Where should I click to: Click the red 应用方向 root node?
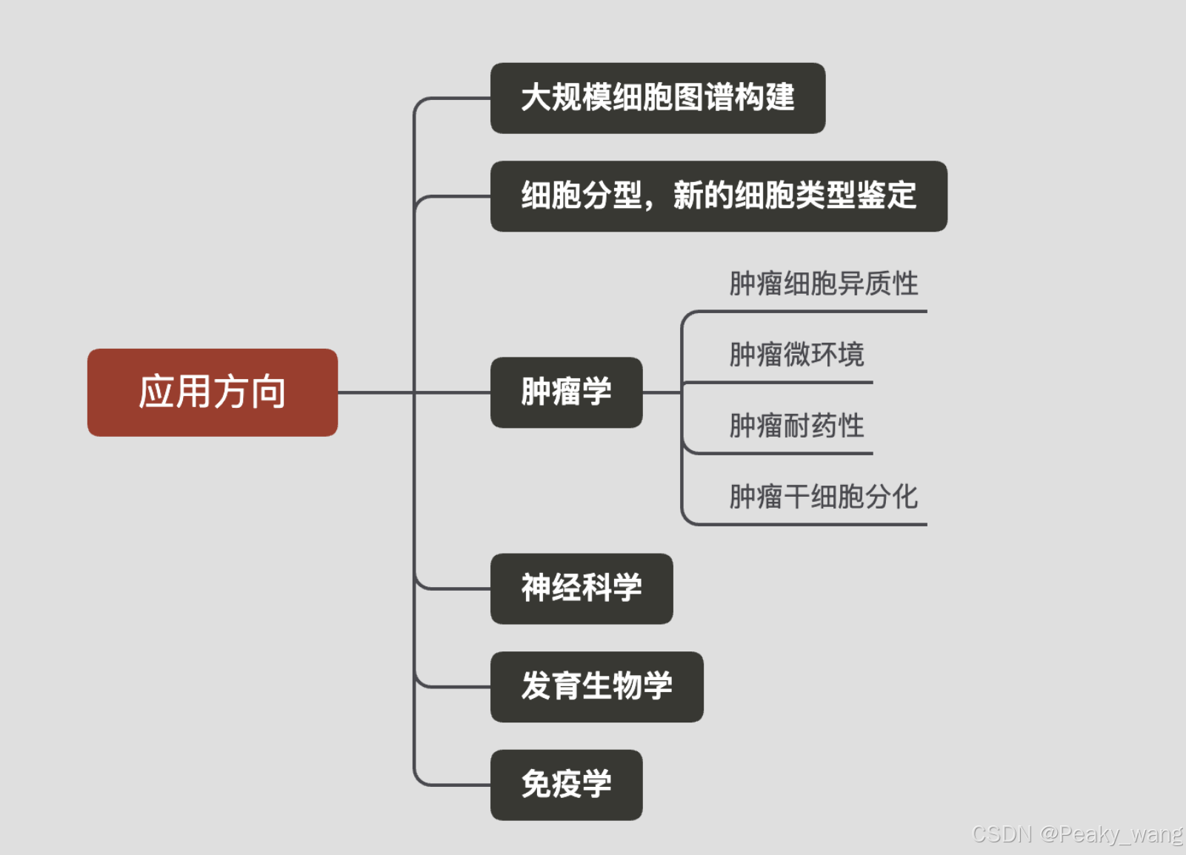(x=212, y=392)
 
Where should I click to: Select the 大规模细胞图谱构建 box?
(x=657, y=98)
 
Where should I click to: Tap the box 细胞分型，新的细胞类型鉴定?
(x=718, y=196)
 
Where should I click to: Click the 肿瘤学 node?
(x=566, y=392)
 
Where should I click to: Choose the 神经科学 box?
(x=581, y=589)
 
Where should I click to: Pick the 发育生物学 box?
(x=596, y=686)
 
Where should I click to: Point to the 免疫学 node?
(x=566, y=785)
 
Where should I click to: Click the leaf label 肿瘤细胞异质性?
(x=823, y=284)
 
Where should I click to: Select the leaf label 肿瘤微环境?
(x=796, y=355)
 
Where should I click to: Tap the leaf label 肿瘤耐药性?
(x=796, y=426)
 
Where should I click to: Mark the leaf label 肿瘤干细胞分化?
(x=823, y=497)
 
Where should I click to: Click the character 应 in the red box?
(x=156, y=392)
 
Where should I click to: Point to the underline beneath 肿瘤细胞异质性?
(x=815, y=312)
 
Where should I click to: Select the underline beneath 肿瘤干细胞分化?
(x=815, y=525)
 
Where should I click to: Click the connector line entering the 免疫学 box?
(x=459, y=785)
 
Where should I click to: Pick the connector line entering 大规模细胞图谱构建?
(x=459, y=98)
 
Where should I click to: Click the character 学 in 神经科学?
(x=627, y=589)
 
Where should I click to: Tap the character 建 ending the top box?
(x=780, y=98)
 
